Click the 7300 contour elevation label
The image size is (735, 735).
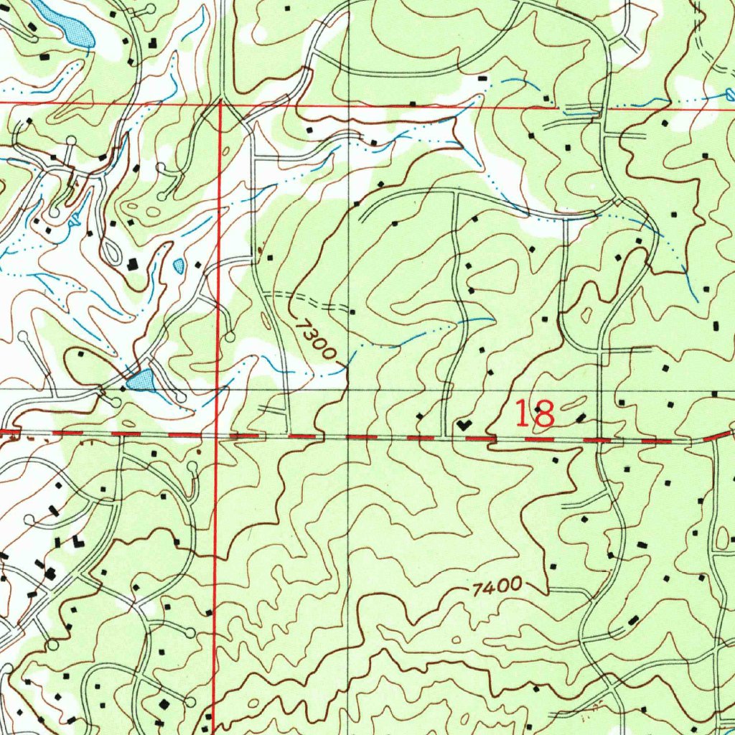click(x=314, y=339)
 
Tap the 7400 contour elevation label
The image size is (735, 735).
click(x=497, y=586)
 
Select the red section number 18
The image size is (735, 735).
click(x=535, y=414)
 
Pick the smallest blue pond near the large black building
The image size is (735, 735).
click(x=178, y=266)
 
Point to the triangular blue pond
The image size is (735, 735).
click(x=141, y=380)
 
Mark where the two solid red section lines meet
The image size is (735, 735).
click(x=220, y=104)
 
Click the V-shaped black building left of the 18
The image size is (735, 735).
click(x=464, y=425)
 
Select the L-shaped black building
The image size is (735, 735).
click(x=78, y=540)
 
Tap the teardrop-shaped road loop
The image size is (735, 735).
click(x=111, y=253)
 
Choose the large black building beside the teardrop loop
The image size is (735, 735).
click(x=133, y=264)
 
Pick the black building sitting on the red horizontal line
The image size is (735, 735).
click(x=413, y=104)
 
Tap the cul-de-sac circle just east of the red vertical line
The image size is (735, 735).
click(x=230, y=336)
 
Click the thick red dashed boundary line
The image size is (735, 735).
click(x=402, y=436)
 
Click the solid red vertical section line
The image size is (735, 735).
click(x=217, y=287)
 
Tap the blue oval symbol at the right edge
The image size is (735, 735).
click(x=730, y=93)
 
